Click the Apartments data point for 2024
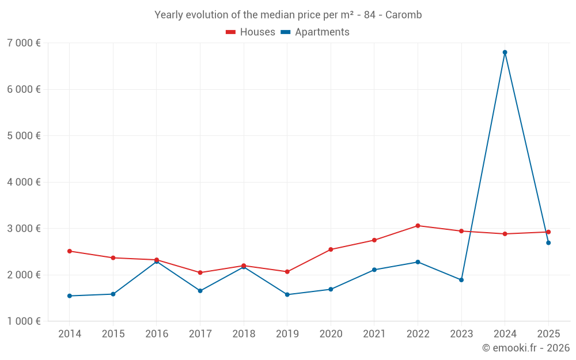505,52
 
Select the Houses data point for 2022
418,226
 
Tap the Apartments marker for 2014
70,296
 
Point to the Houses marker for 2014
70,251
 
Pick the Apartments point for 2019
287,294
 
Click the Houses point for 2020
331,249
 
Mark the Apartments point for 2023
461,280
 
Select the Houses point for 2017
200,272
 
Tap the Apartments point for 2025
548,243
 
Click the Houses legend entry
251,32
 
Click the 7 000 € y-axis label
24,43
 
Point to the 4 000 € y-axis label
24,182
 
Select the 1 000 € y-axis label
24,321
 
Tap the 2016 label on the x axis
157,334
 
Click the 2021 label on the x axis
374,334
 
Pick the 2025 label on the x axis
548,334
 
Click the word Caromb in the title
403,15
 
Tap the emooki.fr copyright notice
525,348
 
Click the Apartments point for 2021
374,270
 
